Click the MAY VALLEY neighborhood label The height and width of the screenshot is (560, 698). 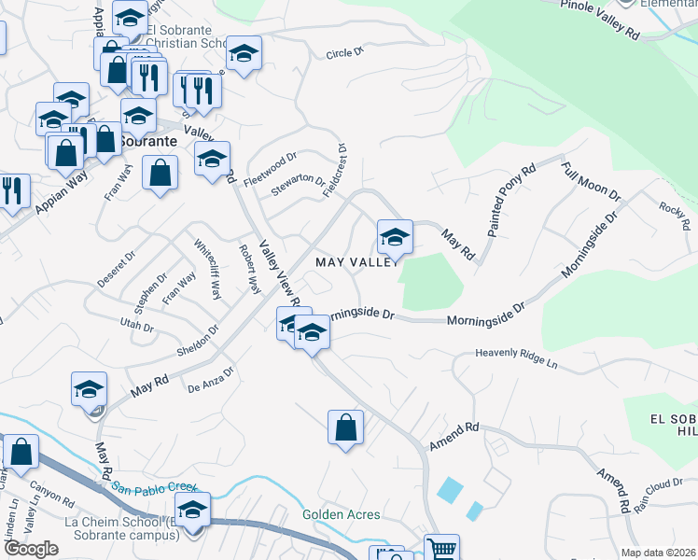[361, 262]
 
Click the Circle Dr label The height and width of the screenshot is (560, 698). [344, 53]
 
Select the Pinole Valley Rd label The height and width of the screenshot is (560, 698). [601, 18]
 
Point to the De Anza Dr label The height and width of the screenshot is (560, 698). [210, 383]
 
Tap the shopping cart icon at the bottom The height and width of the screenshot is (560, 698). [440, 549]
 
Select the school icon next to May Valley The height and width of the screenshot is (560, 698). [395, 237]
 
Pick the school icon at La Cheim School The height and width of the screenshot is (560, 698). [193, 511]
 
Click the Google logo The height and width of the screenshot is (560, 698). [32, 549]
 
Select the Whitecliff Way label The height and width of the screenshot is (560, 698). [207, 272]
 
